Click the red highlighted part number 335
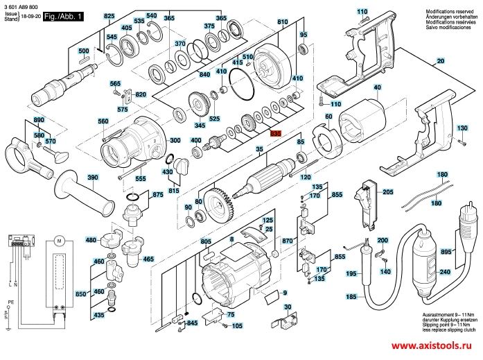point(276,134)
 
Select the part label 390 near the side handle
point(93,178)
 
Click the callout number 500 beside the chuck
point(84,51)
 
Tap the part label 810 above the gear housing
point(282,23)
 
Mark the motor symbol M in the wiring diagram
point(59,241)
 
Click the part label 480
point(90,240)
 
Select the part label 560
point(104,121)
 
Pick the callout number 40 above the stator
point(377,88)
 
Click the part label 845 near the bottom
point(193,323)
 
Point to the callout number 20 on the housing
point(439,62)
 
